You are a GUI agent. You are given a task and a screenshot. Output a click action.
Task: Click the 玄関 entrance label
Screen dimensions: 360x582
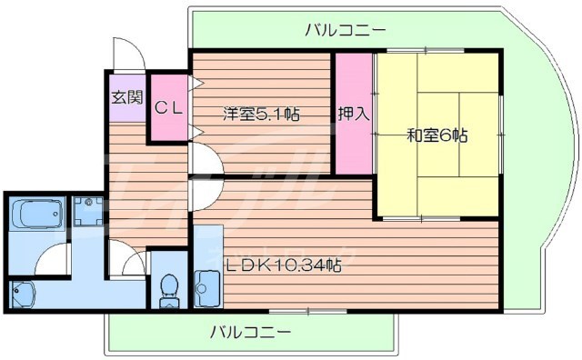click(126, 97)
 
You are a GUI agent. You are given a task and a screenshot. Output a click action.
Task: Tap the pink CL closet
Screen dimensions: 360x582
click(169, 107)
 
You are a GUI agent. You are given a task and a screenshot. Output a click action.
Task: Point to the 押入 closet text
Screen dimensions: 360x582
click(353, 114)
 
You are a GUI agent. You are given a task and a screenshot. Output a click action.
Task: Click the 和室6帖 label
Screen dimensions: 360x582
click(436, 135)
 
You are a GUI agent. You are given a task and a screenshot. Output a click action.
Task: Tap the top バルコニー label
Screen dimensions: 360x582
click(345, 30)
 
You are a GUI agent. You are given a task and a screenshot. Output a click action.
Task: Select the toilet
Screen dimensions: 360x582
click(167, 287)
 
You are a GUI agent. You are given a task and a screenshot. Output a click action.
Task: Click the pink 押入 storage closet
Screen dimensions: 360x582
click(353, 136)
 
